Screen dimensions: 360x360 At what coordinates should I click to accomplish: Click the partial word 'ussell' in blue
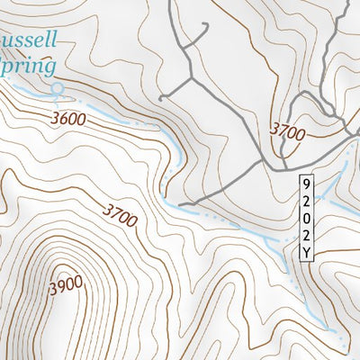click(x=29, y=40)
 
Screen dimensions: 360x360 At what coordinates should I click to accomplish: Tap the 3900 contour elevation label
click(x=65, y=285)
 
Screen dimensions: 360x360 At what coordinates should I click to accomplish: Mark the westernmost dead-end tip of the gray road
click(x=160, y=96)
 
